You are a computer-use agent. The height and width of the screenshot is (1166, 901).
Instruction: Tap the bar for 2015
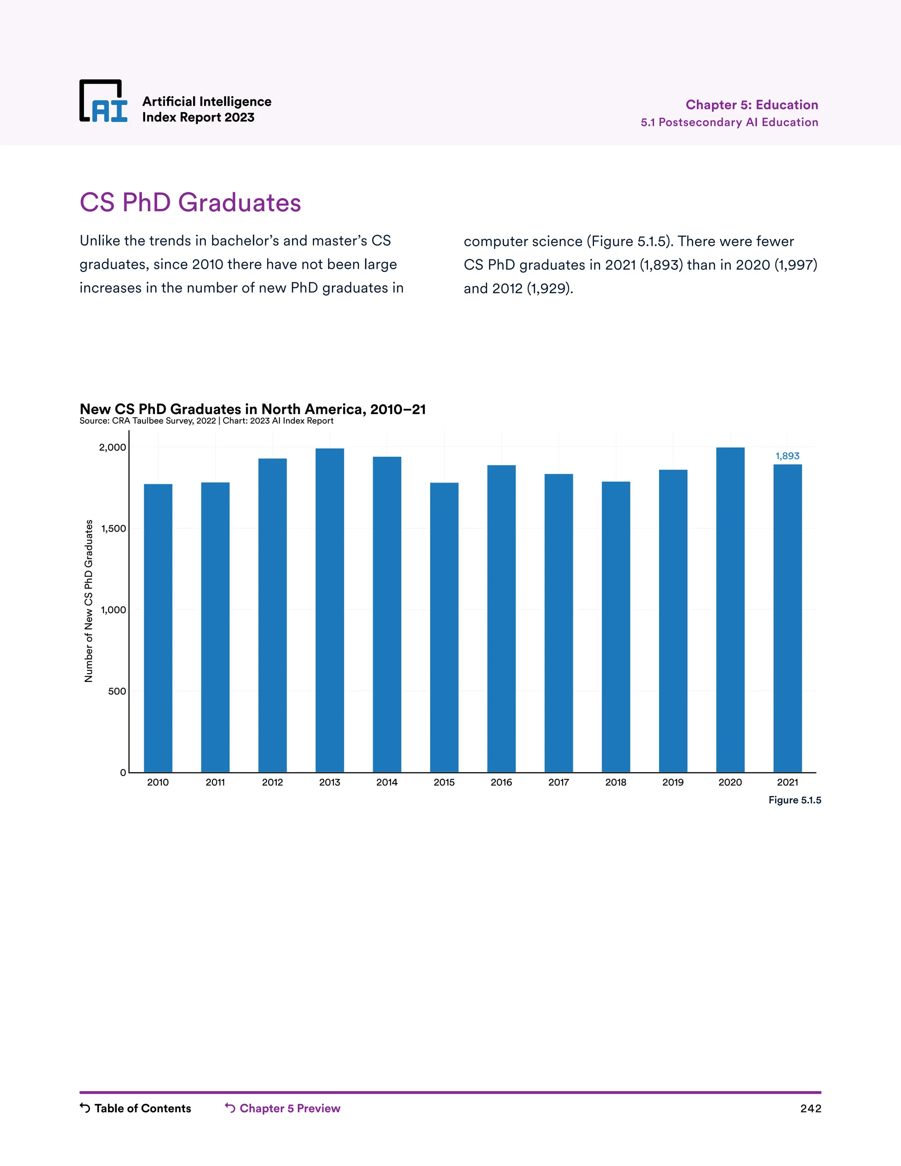444,627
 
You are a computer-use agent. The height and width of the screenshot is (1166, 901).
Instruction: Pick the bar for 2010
158,628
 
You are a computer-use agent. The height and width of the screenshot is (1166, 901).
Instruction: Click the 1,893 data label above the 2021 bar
787,456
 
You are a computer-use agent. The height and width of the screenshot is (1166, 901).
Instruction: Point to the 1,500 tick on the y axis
114,528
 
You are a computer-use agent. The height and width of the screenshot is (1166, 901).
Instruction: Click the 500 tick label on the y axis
117,691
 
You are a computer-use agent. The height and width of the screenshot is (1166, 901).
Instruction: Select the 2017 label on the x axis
558,782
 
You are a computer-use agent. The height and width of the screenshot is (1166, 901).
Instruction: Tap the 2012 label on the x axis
272,782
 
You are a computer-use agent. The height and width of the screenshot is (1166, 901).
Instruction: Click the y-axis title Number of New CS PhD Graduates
88,601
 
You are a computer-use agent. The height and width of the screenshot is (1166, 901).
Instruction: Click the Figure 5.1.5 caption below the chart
794,800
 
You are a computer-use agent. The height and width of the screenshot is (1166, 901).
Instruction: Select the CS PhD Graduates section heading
190,203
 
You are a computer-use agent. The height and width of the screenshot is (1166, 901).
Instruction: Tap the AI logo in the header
103,102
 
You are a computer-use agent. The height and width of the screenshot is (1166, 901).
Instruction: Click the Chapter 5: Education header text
751,105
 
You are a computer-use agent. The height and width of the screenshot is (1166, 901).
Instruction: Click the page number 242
810,1108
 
